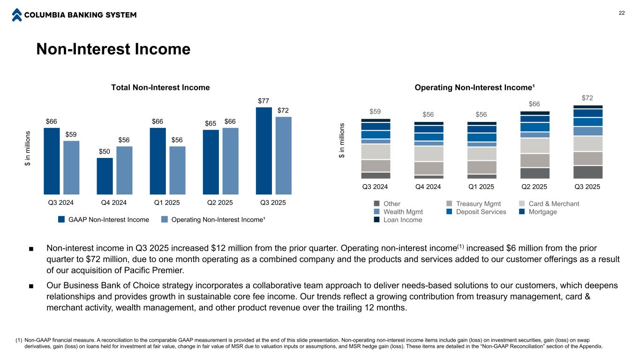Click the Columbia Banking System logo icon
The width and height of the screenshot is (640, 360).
(x=17, y=15)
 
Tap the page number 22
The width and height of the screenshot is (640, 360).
(x=622, y=13)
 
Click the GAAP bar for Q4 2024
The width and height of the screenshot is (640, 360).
(x=105, y=176)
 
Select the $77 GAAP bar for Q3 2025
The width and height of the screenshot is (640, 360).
(x=264, y=150)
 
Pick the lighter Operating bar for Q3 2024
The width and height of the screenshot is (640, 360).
(x=71, y=167)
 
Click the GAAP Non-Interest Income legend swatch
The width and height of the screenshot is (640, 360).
(x=61, y=219)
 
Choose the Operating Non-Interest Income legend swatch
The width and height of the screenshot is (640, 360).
(x=165, y=219)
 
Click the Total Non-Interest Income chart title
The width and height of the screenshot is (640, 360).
(x=160, y=88)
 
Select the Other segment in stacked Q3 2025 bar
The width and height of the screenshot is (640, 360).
(x=588, y=172)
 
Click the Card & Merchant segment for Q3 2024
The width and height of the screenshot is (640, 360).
(x=376, y=151)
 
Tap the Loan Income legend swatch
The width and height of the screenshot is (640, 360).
(x=376, y=220)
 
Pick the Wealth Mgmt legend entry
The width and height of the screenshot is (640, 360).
(x=403, y=212)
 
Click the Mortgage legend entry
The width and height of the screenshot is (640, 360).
(x=542, y=212)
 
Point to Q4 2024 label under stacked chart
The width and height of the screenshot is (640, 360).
(x=428, y=187)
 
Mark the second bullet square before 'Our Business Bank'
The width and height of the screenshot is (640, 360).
(x=31, y=286)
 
